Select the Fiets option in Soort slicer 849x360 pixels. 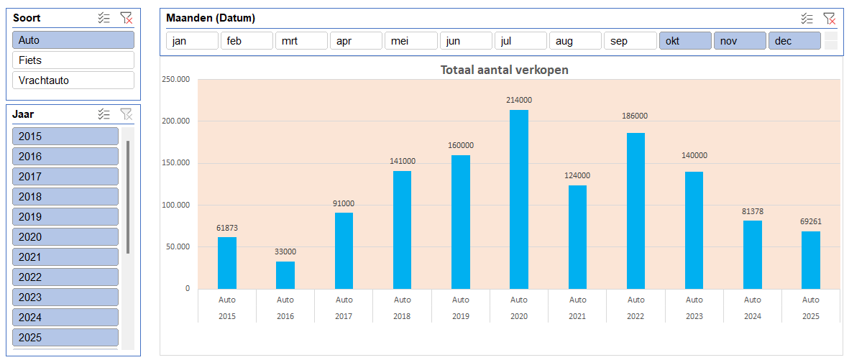click(x=73, y=60)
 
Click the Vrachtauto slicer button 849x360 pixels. click(x=73, y=80)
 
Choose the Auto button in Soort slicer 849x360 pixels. click(x=73, y=40)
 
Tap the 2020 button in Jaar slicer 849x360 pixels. click(x=65, y=237)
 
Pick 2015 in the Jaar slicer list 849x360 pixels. click(x=65, y=137)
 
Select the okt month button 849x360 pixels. click(x=685, y=41)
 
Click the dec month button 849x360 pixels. click(x=794, y=41)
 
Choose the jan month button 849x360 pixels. click(x=192, y=41)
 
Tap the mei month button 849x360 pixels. click(x=410, y=41)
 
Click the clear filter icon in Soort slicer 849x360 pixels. click(x=126, y=18)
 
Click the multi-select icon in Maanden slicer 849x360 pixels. click(x=807, y=18)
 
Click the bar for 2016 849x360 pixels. click(x=285, y=274)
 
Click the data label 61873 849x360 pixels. click(x=227, y=229)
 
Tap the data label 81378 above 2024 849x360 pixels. click(x=752, y=211)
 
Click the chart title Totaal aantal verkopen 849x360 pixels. click(x=505, y=70)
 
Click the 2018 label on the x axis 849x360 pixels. click(x=403, y=316)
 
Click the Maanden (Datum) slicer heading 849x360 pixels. click(x=211, y=18)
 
